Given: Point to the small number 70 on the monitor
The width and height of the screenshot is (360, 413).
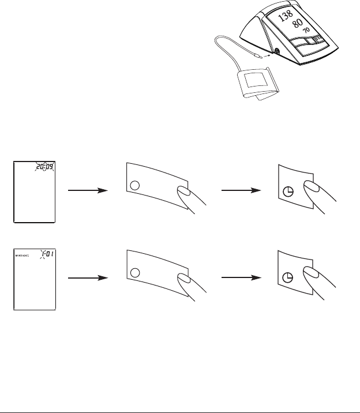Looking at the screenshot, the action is (x=306, y=31).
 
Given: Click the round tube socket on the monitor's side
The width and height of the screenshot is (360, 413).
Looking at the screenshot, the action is (x=276, y=51).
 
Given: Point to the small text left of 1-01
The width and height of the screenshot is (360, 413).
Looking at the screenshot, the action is (x=23, y=254).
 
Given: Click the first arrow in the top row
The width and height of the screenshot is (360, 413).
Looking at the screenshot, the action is (x=88, y=190).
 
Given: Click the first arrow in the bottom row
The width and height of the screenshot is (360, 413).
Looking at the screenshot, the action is (x=88, y=277).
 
